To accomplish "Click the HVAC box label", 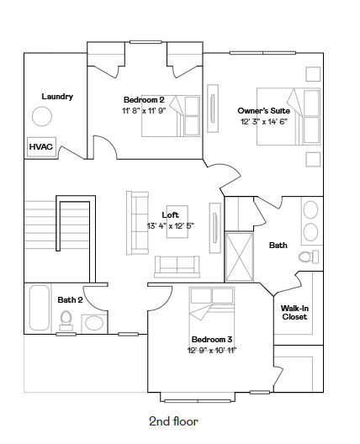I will [x=41, y=146].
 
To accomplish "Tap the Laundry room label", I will [x=57, y=97].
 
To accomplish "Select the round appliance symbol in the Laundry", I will [x=42, y=117].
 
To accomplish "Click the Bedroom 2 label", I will [x=144, y=99].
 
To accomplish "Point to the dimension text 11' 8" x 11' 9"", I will [x=144, y=110].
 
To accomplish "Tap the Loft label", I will [x=171, y=214].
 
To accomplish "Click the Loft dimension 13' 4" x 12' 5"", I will [x=171, y=225].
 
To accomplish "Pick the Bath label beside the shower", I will [x=278, y=246].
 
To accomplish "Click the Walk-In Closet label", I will [x=294, y=312].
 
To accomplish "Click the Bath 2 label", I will [x=70, y=299].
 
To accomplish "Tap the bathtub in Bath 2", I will [x=39, y=308].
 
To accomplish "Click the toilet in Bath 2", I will [x=66, y=319].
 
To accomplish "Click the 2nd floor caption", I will [x=173, y=420].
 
